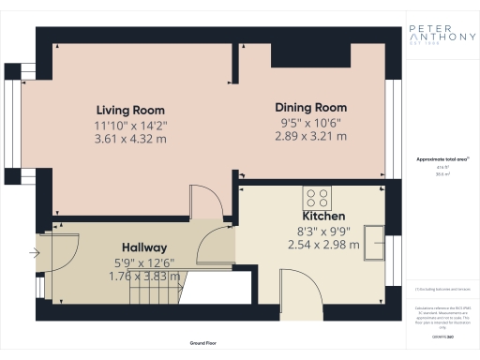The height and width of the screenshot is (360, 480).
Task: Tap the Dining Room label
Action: [x=309, y=107]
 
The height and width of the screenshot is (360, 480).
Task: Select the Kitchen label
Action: [x=324, y=217]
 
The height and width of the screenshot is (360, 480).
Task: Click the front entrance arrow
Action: [x=36, y=252]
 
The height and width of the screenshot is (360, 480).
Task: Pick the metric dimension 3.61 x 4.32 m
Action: [x=129, y=138]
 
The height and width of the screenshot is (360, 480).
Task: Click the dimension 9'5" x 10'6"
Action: [x=309, y=123]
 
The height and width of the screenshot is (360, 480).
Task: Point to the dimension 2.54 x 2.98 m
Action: [x=324, y=245]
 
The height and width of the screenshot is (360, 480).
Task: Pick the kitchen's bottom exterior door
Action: [x=292, y=287]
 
